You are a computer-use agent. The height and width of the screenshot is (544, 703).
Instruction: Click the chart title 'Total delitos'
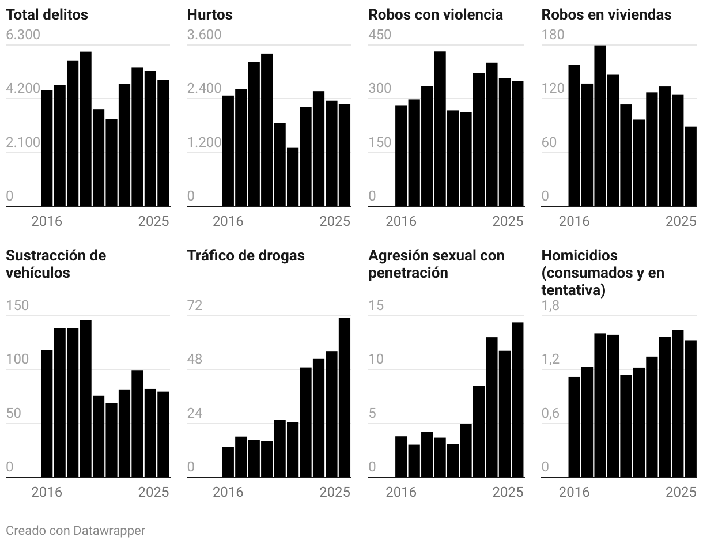point(47,14)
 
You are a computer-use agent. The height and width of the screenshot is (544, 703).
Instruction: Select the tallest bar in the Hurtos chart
point(267,130)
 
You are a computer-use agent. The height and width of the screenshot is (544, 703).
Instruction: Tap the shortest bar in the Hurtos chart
point(293,176)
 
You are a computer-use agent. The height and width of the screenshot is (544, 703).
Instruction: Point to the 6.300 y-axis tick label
point(23,35)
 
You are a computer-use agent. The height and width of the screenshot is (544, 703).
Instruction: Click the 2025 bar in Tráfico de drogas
point(345,398)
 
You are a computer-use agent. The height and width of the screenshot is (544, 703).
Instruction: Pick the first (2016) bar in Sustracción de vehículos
point(47,414)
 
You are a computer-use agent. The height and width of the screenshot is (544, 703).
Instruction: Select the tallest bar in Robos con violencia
point(440,129)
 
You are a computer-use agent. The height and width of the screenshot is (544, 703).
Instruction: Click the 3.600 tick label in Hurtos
point(204,35)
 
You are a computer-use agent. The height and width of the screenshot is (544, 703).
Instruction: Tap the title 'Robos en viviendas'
point(606,14)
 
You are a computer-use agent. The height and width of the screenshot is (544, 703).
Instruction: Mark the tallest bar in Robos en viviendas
point(600,126)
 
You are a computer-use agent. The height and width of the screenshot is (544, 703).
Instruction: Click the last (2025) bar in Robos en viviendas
point(690,166)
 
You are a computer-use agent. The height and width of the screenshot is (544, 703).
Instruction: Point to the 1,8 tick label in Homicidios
point(550,305)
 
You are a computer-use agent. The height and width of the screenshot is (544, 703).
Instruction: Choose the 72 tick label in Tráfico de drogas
point(195,305)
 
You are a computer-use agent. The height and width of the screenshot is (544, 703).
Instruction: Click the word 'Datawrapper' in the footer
point(109,530)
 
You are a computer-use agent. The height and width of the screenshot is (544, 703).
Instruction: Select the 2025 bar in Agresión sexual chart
point(517,399)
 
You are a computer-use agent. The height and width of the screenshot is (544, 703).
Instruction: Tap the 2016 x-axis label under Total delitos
point(47,222)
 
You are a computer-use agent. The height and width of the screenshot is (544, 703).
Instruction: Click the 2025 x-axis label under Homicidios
point(681,492)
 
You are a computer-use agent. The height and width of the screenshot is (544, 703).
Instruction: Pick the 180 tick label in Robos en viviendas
point(553,35)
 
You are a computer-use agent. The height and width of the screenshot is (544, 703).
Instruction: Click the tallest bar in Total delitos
point(86,129)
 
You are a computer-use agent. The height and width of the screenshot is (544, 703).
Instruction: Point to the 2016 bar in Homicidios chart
point(575,427)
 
